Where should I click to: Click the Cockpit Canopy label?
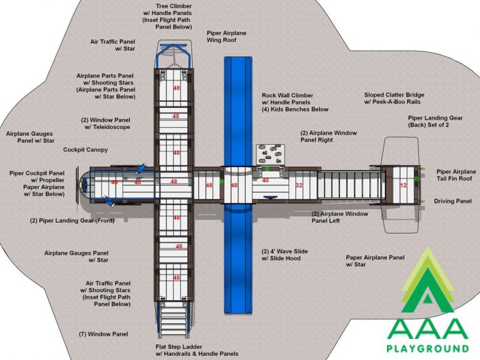pos(86,150)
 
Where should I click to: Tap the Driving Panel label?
pos(453,201)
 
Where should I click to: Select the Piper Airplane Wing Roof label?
pos(227,37)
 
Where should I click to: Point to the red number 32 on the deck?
pos(299,185)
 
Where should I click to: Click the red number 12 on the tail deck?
pos(403,185)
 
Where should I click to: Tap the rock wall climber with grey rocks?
pos(270,154)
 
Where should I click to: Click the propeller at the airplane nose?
pos(77,185)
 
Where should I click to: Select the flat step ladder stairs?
pos(174,319)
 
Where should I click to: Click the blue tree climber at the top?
pos(174,55)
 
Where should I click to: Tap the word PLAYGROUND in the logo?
pos(428,348)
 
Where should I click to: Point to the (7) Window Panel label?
pos(103,334)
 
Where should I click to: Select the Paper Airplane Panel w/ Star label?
pos(375,261)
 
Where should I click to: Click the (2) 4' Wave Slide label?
pos(284,255)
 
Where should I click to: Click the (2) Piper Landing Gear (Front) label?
pos(72,221)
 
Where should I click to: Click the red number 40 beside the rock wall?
pos(265,181)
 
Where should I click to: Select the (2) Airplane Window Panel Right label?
pos(329,137)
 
